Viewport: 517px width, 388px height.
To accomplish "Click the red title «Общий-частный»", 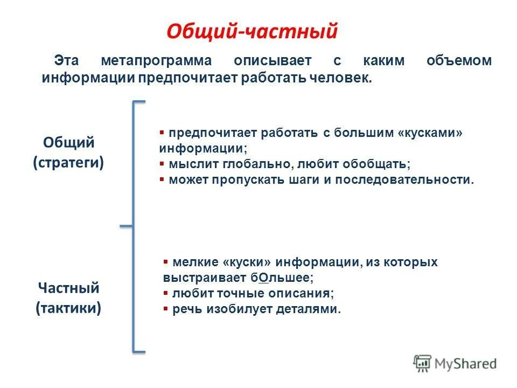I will pyautogui.click(x=251, y=31).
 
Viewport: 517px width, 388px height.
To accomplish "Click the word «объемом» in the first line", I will pyautogui.click(x=459, y=61).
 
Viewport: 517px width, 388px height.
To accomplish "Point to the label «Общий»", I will pyautogui.click(x=69, y=143).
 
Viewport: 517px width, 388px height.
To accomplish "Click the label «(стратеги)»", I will pyautogui.click(x=69, y=162).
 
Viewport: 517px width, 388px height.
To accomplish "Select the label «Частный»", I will pyautogui.click(x=68, y=288).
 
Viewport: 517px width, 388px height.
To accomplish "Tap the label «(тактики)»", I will pyautogui.click(x=68, y=308).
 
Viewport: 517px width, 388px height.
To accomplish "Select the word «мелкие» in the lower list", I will pyautogui.click(x=194, y=262).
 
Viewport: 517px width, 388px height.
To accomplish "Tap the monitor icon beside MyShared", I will pyautogui.click(x=423, y=363).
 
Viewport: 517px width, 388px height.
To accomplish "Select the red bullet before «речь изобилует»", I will pyautogui.click(x=166, y=309).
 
